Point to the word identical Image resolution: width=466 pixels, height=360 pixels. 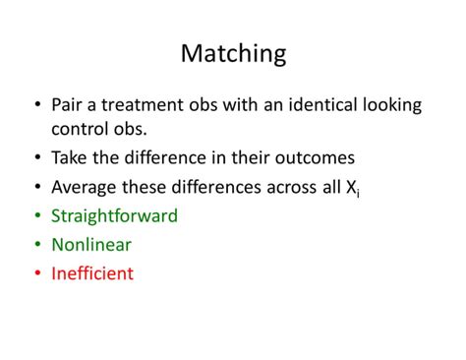tap(315, 103)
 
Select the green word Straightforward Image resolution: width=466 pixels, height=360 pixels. tap(114, 216)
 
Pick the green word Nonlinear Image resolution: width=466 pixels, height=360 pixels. tap(90, 245)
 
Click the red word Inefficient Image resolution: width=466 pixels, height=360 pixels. tap(92, 273)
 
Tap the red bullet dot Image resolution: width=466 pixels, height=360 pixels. tap(36, 273)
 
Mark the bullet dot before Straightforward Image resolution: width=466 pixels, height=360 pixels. tap(36, 216)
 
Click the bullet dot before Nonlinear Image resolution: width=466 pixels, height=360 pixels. tap(36, 245)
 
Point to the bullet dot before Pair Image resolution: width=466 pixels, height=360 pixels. tap(36, 103)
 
